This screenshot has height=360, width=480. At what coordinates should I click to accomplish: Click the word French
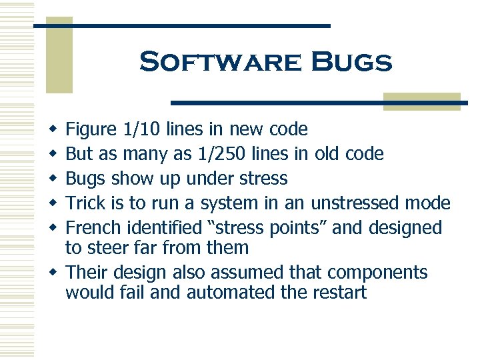pyautogui.click(x=93, y=228)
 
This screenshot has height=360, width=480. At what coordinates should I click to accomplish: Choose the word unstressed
pyautogui.click(x=357, y=203)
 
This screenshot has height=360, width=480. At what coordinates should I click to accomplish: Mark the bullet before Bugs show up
pyautogui.click(x=53, y=179)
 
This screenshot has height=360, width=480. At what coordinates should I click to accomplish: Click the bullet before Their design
pyautogui.click(x=53, y=273)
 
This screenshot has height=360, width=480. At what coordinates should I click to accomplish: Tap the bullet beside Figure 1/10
pyautogui.click(x=53, y=129)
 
